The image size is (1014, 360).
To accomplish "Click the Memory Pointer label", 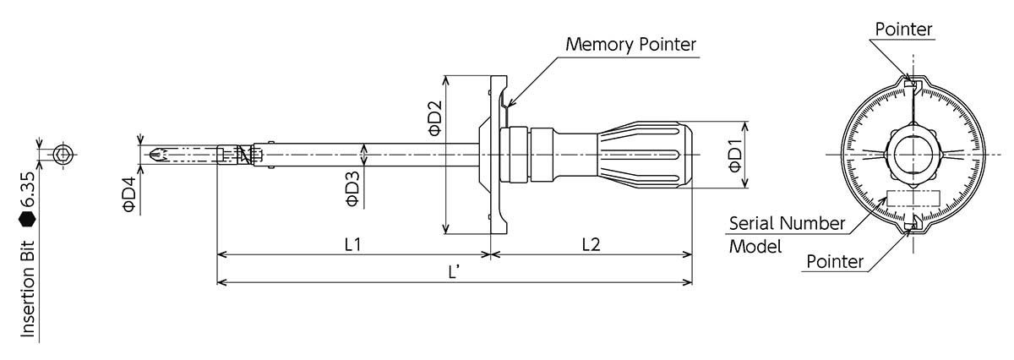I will (x=631, y=44).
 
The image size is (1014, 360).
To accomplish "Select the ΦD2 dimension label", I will (x=433, y=118).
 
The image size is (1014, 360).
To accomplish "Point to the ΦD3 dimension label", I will (x=352, y=188).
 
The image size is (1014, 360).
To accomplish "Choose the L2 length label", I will (x=591, y=243).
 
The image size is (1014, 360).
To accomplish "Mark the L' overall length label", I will (x=454, y=272).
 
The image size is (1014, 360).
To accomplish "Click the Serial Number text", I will (x=787, y=224).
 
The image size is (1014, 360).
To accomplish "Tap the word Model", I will (x=755, y=248).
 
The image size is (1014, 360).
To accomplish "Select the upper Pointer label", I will (x=903, y=30).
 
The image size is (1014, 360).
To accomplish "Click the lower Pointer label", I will (x=835, y=262).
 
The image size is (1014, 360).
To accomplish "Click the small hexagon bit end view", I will (x=62, y=155).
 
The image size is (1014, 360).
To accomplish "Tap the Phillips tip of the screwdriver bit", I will (x=155, y=155).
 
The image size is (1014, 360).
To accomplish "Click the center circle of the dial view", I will (x=912, y=155).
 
